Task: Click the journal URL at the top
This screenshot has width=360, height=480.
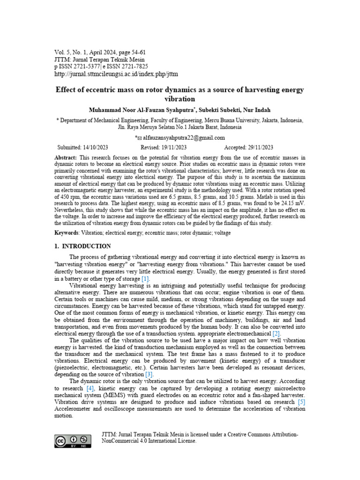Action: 116,74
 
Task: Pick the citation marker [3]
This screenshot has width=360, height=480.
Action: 149,375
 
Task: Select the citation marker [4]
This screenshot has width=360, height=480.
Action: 90,388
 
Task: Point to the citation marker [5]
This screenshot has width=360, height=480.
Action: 301,402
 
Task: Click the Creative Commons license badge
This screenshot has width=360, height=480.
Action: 72,441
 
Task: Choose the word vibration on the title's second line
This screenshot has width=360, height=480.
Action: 180,99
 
